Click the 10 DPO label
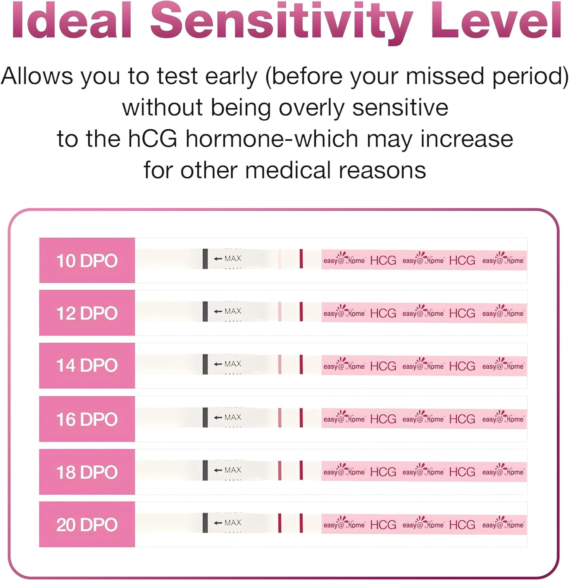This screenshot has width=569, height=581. click(x=87, y=261)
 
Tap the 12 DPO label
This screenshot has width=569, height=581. click(x=87, y=313)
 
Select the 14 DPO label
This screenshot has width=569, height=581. click(x=87, y=365)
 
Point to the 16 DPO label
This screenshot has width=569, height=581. click(x=87, y=419)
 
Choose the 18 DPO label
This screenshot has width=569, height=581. click(x=87, y=472)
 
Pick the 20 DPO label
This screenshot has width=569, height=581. click(x=87, y=525)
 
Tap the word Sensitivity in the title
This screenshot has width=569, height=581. click(x=281, y=21)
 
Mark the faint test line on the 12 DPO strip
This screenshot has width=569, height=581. click(x=280, y=311)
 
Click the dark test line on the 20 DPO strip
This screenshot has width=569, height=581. click(x=280, y=523)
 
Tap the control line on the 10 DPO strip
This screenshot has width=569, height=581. click(x=301, y=259)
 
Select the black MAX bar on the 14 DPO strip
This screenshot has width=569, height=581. click(x=205, y=364)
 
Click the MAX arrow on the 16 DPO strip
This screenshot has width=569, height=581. click(x=218, y=418)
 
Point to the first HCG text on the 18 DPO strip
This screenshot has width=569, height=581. click(x=383, y=472)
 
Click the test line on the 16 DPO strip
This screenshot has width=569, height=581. click(x=280, y=418)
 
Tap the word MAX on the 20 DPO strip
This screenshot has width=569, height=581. click(x=233, y=523)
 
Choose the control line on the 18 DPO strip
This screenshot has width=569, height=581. click(x=301, y=470)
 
